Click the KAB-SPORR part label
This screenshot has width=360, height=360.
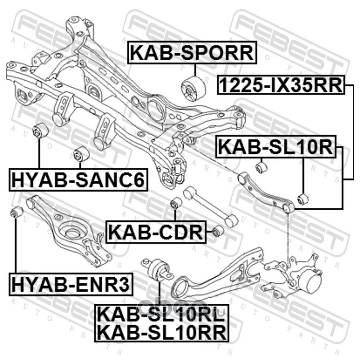[192, 53]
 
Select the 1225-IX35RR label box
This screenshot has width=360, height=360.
[281, 85]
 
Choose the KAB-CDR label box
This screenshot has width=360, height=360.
[156, 232]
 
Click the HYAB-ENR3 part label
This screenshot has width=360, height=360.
[71, 284]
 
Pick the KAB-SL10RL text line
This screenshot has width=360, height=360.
[162, 314]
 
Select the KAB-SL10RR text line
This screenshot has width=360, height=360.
[162, 332]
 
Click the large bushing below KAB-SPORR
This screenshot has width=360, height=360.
[193, 89]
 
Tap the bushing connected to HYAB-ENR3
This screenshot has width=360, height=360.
[17, 212]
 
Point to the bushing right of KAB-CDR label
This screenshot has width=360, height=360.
[218, 231]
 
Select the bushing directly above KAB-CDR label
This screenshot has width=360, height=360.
[176, 202]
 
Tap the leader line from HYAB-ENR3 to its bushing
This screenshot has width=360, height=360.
[16, 245]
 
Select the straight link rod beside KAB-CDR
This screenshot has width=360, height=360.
[211, 207]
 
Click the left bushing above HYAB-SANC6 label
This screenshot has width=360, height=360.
[40, 130]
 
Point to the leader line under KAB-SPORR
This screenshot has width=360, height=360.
[195, 70]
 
